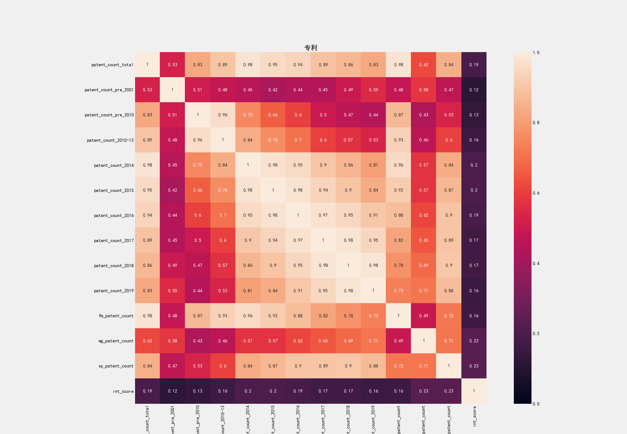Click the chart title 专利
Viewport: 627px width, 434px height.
point(311,48)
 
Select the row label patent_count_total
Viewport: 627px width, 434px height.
point(112,65)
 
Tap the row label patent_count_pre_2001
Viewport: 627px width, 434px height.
point(109,90)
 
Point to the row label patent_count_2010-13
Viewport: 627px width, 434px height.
point(110,140)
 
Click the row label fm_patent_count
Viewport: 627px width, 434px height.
point(116,316)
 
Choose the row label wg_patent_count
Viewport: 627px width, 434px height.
point(116,341)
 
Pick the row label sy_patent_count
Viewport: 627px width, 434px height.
point(116,366)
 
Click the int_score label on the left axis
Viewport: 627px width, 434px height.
point(123,392)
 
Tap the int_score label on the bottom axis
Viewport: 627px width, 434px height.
point(474,416)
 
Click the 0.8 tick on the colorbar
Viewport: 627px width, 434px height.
point(536,122)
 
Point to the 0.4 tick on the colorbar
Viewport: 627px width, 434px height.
point(536,263)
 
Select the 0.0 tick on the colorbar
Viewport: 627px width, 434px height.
point(536,404)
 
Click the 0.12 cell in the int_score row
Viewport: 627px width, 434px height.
point(172,391)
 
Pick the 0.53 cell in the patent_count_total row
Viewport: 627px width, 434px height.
point(172,65)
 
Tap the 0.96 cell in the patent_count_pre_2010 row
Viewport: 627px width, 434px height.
point(223,115)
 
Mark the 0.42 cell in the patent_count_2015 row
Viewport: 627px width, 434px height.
point(172,190)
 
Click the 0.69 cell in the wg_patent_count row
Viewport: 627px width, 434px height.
point(348,341)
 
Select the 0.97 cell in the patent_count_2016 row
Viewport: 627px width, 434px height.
point(323,215)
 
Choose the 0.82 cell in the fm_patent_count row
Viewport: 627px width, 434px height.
point(323,316)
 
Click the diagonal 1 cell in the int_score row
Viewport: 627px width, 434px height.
point(474,391)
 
